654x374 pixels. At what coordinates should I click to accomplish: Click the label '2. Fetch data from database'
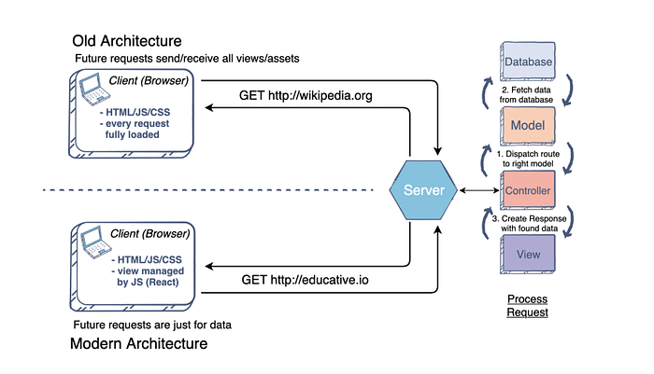click(x=528, y=93)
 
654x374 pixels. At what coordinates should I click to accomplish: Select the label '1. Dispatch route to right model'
click(x=528, y=158)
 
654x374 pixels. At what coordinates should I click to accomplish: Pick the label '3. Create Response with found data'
click(x=528, y=222)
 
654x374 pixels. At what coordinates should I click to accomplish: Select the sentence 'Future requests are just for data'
click(x=152, y=325)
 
